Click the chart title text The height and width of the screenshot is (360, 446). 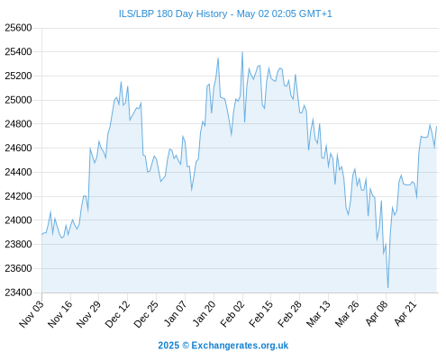point(225,13)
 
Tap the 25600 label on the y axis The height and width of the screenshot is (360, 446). point(18,28)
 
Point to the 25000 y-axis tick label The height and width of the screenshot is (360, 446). point(18,100)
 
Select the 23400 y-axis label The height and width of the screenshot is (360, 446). point(18,292)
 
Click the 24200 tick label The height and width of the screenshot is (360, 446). point(18,196)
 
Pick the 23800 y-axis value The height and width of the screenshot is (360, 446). point(18,244)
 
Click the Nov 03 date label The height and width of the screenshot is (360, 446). point(32,313)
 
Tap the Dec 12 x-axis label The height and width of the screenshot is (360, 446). point(117,313)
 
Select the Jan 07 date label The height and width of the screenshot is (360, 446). point(176,313)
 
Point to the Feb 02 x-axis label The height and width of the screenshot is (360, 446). point(232,313)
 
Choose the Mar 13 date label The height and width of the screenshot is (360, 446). point(318,313)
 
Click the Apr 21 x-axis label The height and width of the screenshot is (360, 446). point(405,313)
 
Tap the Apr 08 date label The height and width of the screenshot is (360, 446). point(377,313)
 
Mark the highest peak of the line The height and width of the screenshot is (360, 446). point(242,52)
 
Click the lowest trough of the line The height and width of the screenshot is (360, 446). point(388,288)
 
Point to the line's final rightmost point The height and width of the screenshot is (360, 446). point(436,127)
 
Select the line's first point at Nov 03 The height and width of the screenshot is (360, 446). point(42,234)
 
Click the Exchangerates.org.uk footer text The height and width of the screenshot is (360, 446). point(240,346)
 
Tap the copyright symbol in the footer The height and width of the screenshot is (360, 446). point(186,346)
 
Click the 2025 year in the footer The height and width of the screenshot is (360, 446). point(168,346)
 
